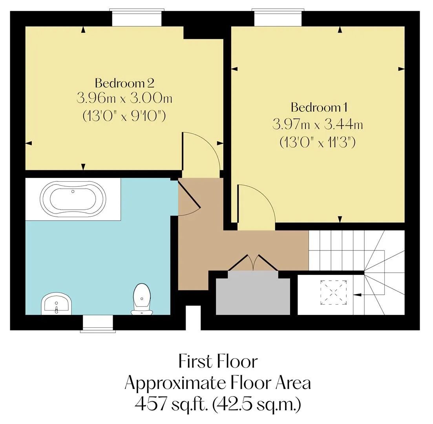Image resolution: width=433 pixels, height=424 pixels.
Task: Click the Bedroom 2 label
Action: tap(124, 83)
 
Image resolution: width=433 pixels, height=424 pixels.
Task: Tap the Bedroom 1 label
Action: tap(319, 107)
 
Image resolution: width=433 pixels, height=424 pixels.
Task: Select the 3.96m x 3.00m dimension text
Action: tap(124, 98)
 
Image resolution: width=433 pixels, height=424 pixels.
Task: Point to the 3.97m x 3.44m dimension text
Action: tap(318, 124)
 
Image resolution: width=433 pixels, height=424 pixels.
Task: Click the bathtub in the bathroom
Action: tap(73, 199)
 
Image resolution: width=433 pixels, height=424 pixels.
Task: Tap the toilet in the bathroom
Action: tap(142, 299)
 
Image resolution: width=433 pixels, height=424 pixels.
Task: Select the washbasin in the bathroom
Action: tap(57, 303)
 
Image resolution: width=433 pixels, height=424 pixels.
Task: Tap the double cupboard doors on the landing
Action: tap(253, 263)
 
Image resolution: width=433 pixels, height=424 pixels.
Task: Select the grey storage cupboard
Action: tap(253, 293)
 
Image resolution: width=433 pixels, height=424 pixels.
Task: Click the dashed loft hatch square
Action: tap(333, 292)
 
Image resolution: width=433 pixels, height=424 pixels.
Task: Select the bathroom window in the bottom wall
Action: tap(98, 323)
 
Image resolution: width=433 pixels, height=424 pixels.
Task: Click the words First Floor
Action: tap(218, 361)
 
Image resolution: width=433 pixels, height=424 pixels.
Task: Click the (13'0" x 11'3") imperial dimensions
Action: tap(318, 143)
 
